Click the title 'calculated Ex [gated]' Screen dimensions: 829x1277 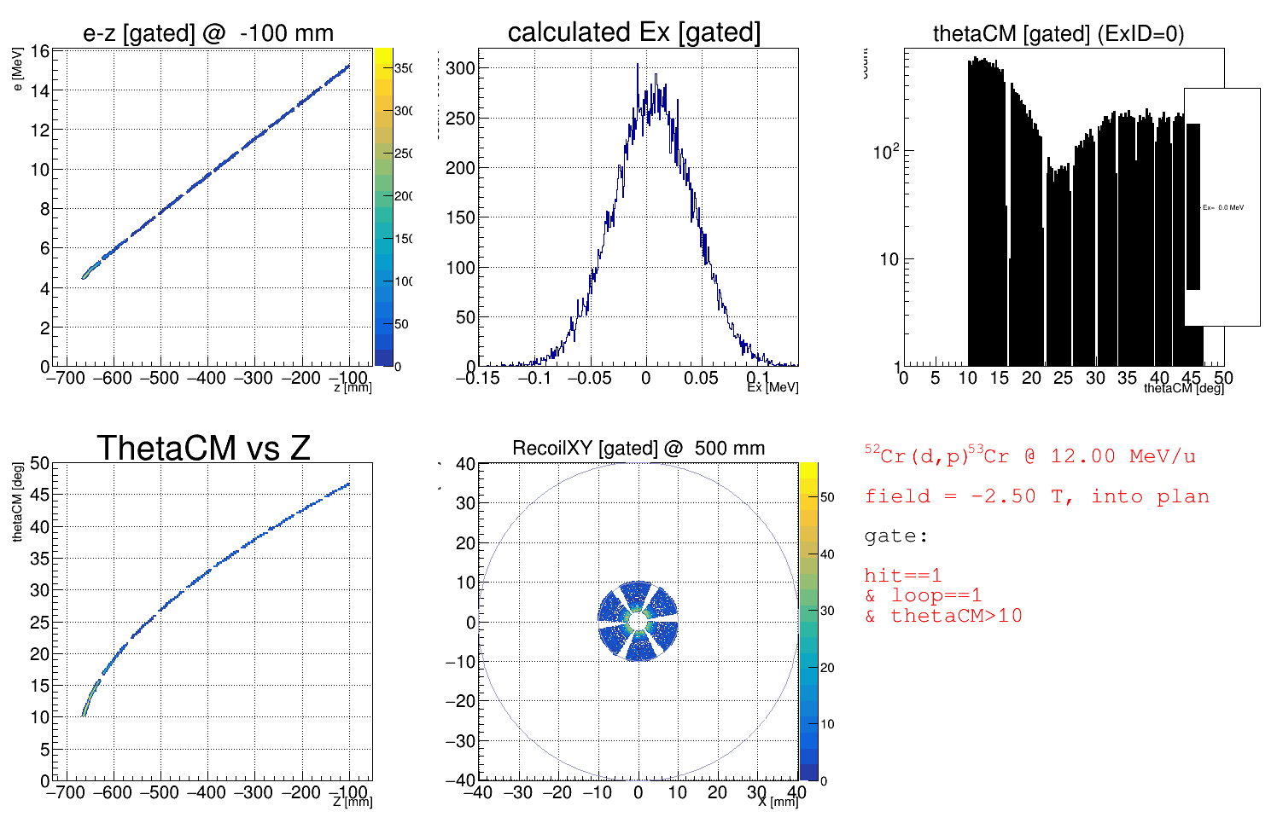pyautogui.click(x=633, y=32)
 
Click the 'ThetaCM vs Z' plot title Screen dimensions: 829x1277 pyautogui.click(x=203, y=448)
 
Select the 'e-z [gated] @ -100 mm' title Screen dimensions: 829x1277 pyautogui.click(x=208, y=33)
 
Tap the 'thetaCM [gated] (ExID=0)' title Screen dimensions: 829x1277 pyautogui.click(x=1058, y=33)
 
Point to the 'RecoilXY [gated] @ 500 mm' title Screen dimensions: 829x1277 pyautogui.click(x=638, y=448)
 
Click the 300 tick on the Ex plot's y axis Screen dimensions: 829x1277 pyautogui.click(x=461, y=68)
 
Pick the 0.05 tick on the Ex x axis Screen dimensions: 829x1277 pyautogui.click(x=701, y=378)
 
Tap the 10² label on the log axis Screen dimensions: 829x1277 pyautogui.click(x=886, y=152)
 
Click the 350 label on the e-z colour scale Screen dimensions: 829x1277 pyautogui.click(x=404, y=68)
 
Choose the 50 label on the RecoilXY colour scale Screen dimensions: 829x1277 pyautogui.click(x=827, y=497)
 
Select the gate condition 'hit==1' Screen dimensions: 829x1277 pyautogui.click(x=903, y=576)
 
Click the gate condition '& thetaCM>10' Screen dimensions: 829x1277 pyautogui.click(x=943, y=616)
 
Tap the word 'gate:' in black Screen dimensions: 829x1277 pyautogui.click(x=895, y=536)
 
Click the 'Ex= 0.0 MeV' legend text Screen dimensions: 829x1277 pyautogui.click(x=1223, y=207)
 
